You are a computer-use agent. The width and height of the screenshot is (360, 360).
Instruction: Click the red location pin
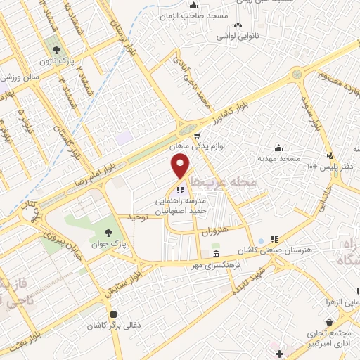pos(181,166)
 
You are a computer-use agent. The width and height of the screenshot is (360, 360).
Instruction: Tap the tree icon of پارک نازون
pos(56,50)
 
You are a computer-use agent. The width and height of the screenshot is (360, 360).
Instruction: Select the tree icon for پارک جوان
pos(108,232)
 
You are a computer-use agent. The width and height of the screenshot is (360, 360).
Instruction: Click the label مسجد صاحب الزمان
pos(191,15)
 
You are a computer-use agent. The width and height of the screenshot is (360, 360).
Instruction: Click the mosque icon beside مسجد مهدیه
pos(279,148)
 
